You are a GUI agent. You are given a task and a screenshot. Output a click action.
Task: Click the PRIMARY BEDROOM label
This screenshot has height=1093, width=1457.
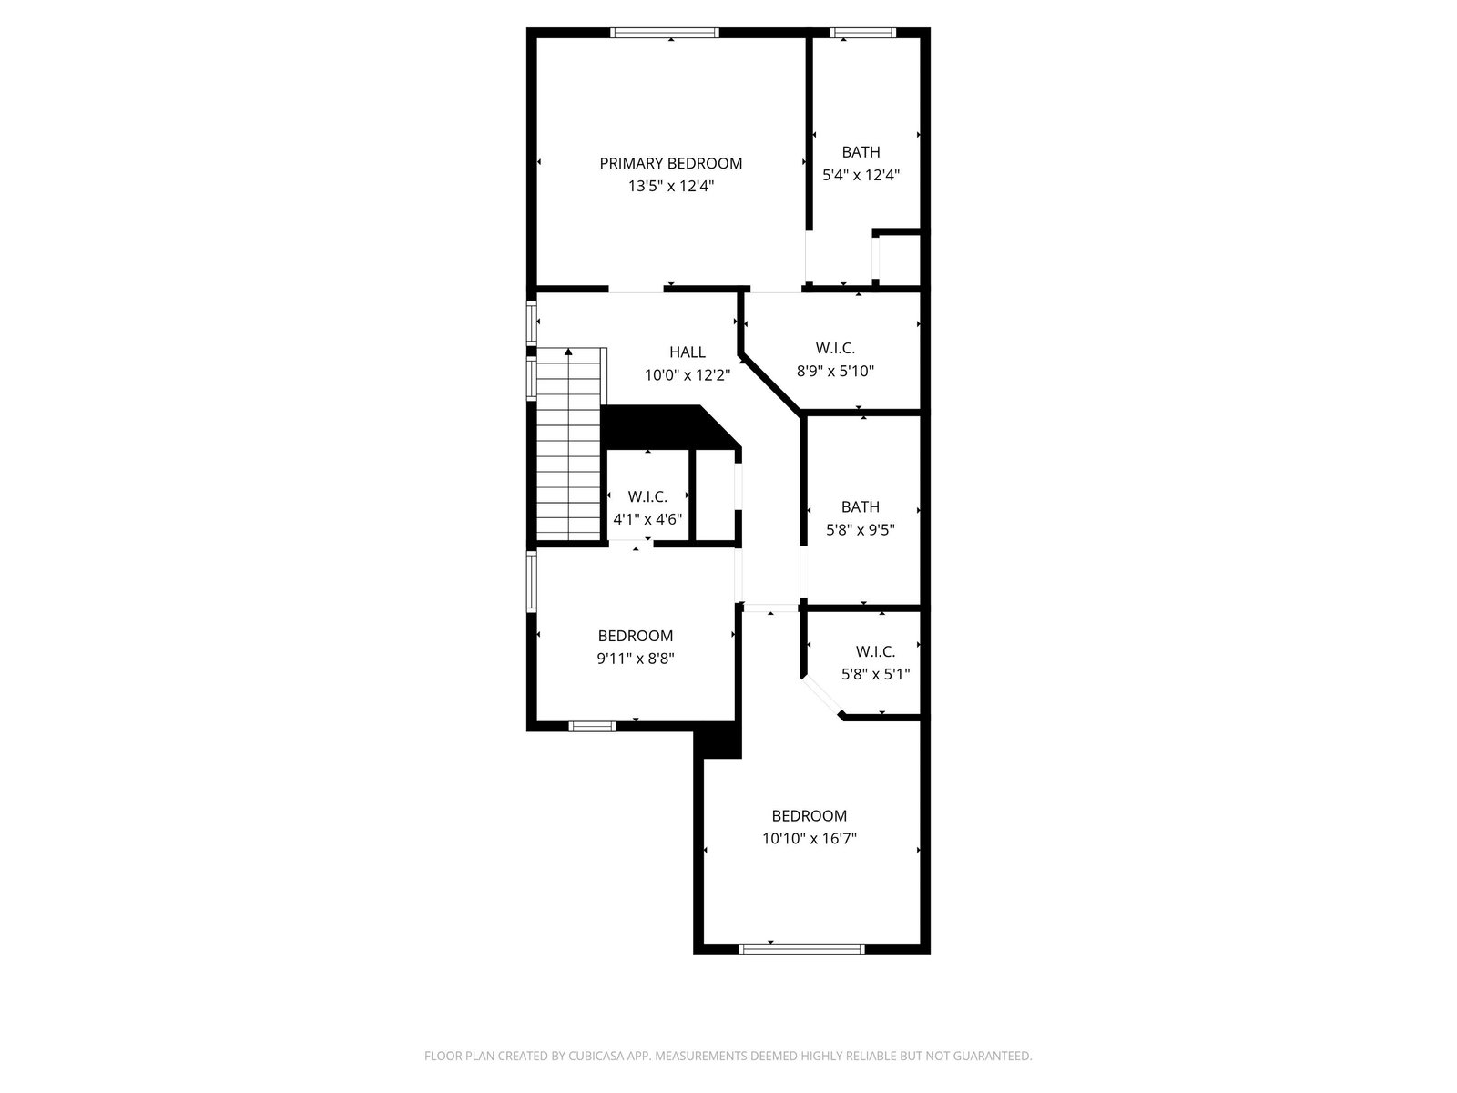click(x=670, y=163)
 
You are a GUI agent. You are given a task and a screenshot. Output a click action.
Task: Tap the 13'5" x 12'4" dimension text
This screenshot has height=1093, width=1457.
click(x=670, y=186)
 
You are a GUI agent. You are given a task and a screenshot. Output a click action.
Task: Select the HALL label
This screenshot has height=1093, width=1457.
click(x=687, y=352)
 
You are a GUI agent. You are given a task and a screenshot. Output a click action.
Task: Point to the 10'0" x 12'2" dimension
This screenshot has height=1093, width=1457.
click(x=687, y=375)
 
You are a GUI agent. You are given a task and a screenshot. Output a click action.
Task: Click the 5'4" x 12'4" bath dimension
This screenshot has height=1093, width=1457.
click(x=861, y=175)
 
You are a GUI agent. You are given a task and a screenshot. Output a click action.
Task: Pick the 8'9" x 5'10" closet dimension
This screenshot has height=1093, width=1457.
click(x=835, y=371)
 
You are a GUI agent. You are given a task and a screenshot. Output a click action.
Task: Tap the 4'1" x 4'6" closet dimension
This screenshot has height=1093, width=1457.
click(x=647, y=519)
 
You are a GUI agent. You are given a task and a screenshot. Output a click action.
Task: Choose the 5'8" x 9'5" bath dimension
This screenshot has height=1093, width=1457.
click(x=861, y=530)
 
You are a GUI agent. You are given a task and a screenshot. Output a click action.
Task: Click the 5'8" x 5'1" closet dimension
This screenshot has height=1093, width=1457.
click(x=875, y=675)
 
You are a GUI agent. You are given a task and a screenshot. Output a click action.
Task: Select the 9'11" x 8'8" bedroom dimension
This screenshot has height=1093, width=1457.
click(x=636, y=659)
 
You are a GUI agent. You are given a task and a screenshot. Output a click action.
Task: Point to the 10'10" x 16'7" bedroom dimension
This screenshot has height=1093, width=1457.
click(x=810, y=839)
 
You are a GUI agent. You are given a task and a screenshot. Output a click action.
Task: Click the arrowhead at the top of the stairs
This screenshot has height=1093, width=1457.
click(x=568, y=352)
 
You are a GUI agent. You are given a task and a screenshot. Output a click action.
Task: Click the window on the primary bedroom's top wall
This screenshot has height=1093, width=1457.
click(x=665, y=33)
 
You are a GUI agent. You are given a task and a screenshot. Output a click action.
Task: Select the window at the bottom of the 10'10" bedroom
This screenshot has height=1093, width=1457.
click(x=802, y=949)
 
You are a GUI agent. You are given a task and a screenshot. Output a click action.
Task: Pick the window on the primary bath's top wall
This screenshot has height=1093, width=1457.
click(x=863, y=33)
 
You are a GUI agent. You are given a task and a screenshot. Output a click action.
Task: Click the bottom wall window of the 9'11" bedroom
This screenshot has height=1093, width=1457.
click(x=592, y=727)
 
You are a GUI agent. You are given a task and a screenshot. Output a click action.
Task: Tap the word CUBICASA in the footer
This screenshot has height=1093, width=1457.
click(x=596, y=1056)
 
